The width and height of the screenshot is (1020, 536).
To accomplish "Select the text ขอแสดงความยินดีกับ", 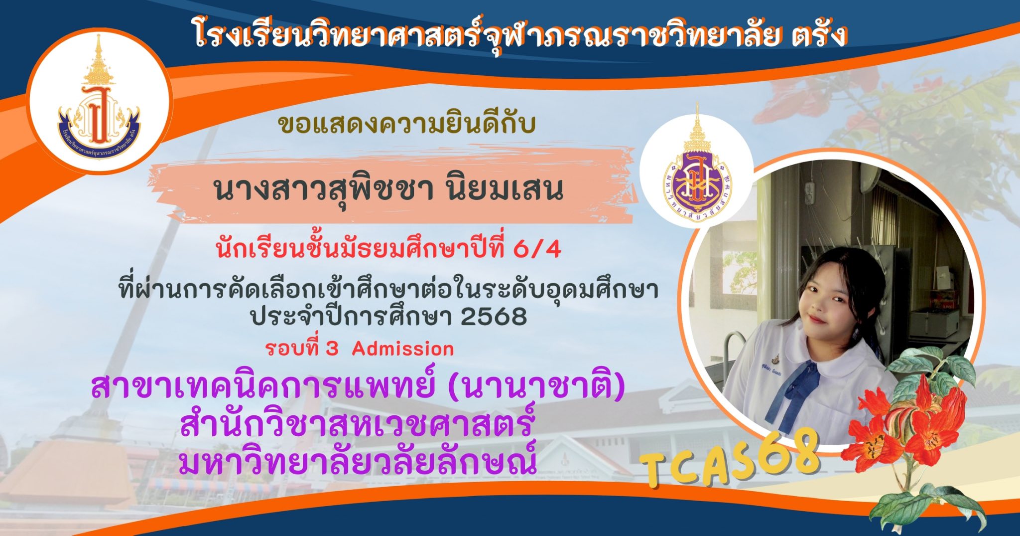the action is pyautogui.click(x=407, y=124).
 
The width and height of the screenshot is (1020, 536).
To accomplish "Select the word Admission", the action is pyautogui.click(x=403, y=349).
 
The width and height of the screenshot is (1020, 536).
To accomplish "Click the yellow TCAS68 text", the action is pyautogui.click(x=730, y=458).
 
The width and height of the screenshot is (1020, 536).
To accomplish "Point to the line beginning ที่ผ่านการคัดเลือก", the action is pyautogui.click(x=388, y=289).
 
